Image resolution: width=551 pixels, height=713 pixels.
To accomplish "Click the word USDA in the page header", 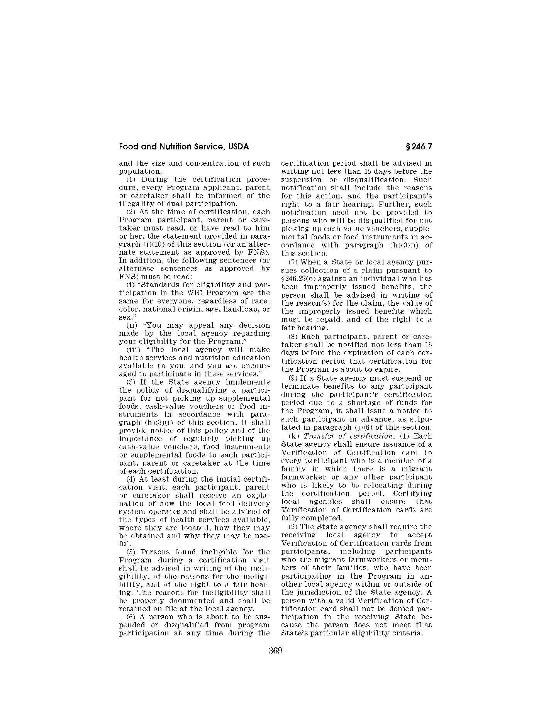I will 239,147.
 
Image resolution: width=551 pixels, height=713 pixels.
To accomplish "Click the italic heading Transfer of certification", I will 334,436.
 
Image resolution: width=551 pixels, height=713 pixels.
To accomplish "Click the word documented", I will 187,601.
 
